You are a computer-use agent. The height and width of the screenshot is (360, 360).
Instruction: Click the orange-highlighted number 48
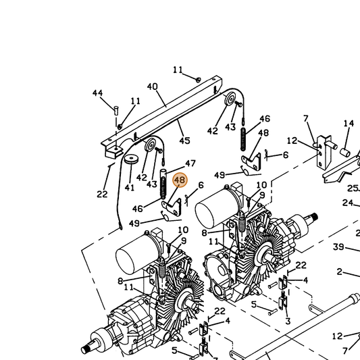click(x=180, y=180)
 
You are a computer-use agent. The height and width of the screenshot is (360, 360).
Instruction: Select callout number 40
click(x=152, y=86)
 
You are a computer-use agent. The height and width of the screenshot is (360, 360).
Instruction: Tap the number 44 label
click(x=97, y=93)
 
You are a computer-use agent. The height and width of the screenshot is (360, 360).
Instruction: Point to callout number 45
click(x=185, y=140)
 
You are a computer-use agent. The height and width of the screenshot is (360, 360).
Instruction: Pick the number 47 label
click(x=190, y=163)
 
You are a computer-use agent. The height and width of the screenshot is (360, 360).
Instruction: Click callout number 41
click(x=129, y=188)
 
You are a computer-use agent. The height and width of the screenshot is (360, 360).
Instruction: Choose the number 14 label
click(x=349, y=124)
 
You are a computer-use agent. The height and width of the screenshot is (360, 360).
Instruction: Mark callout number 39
click(x=338, y=247)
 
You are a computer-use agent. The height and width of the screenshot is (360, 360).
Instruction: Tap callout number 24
click(x=348, y=203)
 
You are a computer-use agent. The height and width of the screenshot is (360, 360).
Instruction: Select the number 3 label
click(x=288, y=321)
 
